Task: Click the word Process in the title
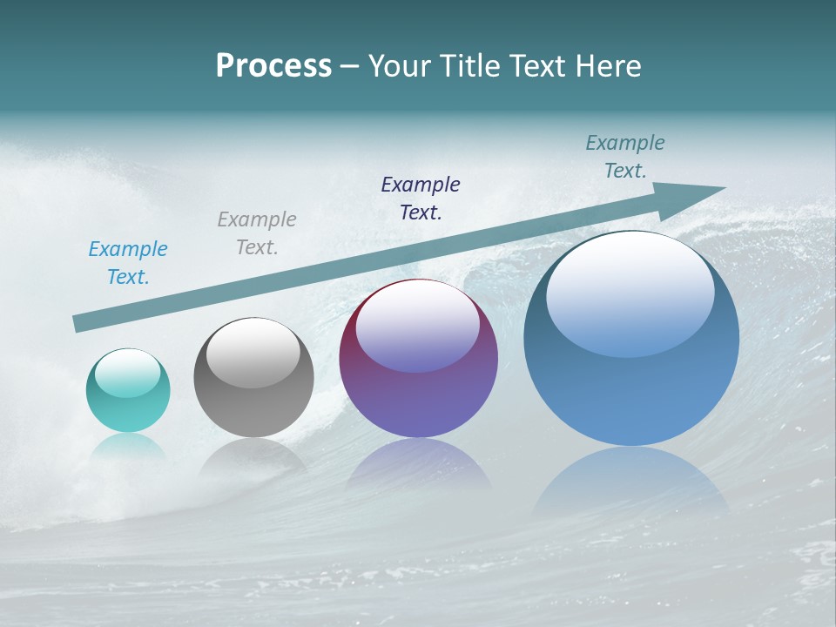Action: [273, 66]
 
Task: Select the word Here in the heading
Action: [607, 66]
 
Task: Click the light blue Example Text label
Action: [128, 263]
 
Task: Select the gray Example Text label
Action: [257, 233]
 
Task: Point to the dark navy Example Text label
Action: [421, 198]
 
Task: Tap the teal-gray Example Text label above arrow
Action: [625, 157]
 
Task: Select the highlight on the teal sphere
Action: [128, 373]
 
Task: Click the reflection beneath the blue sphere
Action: [631, 483]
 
